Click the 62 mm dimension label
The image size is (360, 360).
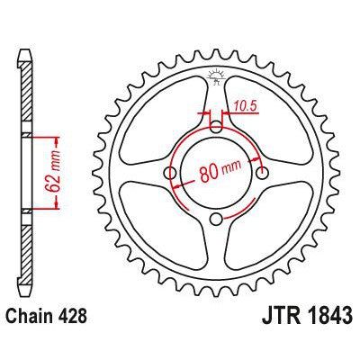pos(56,175)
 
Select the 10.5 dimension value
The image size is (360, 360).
pos(238,106)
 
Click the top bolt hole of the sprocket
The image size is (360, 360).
pos(216,127)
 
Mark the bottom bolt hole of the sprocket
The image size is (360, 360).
pos(216,220)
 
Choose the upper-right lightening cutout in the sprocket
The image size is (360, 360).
pos(267,121)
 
